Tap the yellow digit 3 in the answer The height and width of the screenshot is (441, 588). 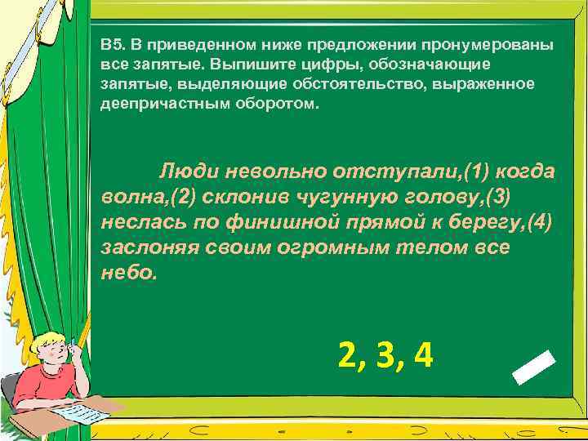click(385, 356)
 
